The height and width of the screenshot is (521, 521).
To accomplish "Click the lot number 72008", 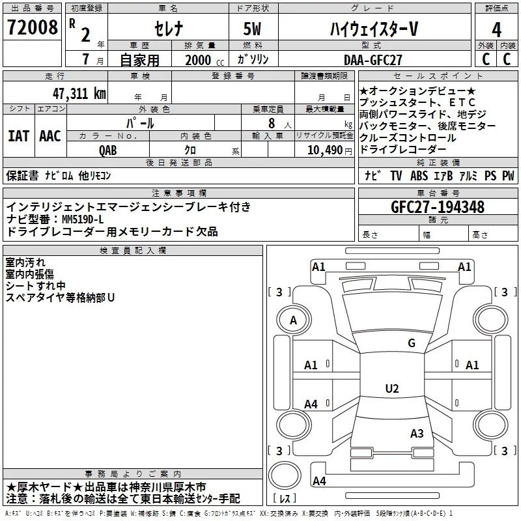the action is pos(32,27).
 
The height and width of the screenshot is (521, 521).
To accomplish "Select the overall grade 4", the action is pos(496,30).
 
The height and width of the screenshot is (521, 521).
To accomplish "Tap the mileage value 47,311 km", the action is pos(79,94).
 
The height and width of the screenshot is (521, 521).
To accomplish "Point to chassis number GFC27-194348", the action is pos(438,206).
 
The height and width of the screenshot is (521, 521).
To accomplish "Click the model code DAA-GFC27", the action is pos(373,60).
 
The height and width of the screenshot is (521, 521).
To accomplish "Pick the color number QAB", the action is pos(108,150).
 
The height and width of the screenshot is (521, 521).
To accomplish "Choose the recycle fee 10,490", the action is pos(325,150).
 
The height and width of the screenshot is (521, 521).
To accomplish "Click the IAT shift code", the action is pos(18,136).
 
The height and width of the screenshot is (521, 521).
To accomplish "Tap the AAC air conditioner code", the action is pos(50,136).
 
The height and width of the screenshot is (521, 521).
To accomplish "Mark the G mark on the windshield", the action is pos(412,343).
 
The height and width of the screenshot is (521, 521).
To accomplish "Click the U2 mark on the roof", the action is pos(392,388).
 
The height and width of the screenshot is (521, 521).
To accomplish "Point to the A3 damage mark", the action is pos(417,433).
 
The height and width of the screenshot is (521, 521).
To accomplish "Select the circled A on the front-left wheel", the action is pos(294,320).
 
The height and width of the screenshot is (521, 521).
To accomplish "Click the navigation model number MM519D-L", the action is pos(83,219).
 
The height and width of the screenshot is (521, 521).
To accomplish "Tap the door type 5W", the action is pos(252,29).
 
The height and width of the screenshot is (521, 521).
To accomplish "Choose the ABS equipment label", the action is pos(419,175).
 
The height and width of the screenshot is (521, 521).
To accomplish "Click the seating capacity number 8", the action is pos(272,123).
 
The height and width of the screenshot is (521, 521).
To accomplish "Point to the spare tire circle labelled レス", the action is pos(285,475).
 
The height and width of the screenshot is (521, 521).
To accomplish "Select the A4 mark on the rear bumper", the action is pos(319,481).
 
